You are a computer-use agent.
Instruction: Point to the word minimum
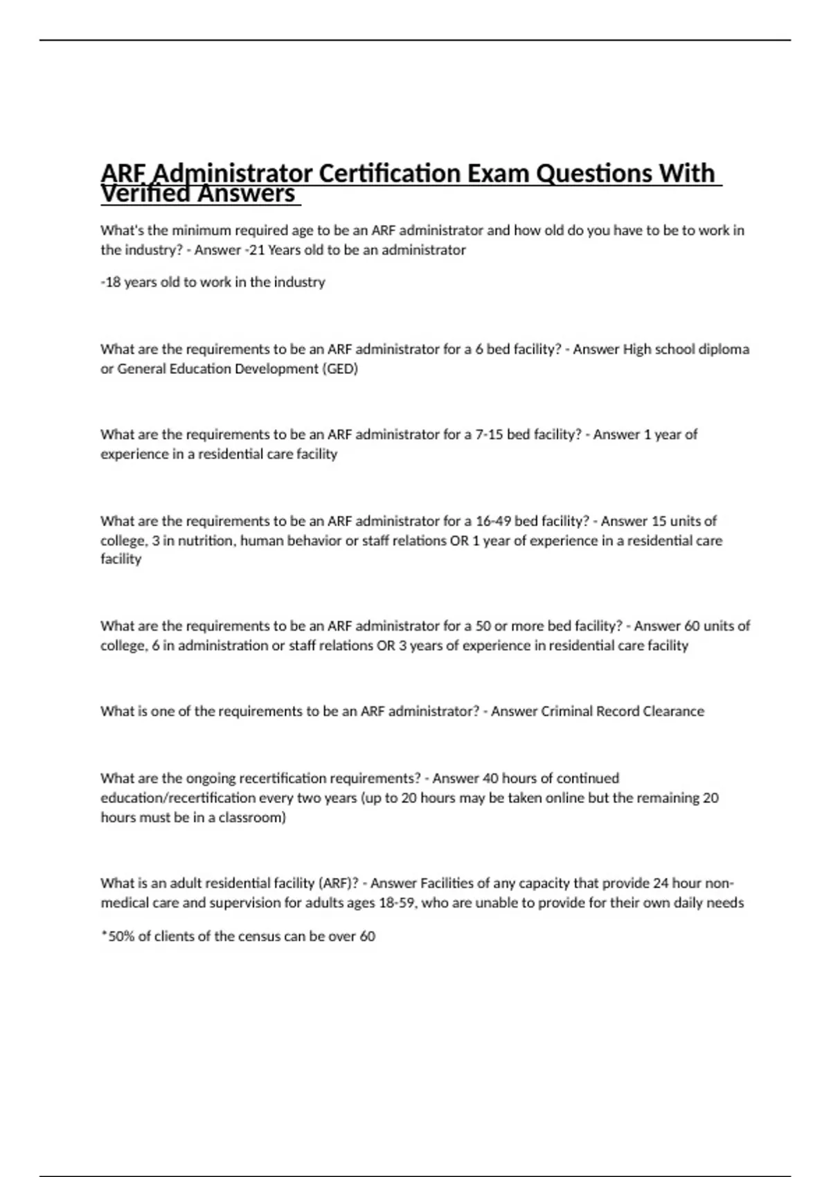(203, 231)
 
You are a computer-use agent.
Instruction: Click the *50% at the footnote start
(118, 937)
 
